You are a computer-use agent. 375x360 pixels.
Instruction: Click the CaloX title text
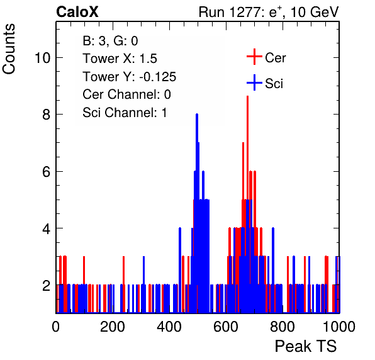coord(77,12)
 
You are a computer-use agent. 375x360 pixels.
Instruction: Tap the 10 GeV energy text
coord(315,12)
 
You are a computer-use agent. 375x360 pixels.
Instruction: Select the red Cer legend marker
coord(254,57)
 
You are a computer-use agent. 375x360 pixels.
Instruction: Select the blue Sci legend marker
coord(254,83)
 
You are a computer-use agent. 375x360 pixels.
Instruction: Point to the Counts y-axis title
coord(9,49)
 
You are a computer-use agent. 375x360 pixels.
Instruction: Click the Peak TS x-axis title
coord(306,346)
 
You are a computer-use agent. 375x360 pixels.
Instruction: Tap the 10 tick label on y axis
coord(43,58)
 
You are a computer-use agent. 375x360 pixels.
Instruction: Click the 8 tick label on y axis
coord(47,115)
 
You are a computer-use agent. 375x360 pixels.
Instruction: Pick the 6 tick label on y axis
coord(47,172)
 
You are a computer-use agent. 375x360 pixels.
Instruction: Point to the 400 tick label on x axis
coord(169,326)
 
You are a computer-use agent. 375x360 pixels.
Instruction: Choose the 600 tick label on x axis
coord(226,326)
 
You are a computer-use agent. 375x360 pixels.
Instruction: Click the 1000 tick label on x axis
coord(339,326)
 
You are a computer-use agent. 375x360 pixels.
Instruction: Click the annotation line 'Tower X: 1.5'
coord(120,59)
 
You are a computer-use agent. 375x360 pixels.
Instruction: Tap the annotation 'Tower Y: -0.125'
coord(130,77)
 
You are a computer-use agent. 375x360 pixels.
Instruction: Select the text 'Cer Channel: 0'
coord(126,94)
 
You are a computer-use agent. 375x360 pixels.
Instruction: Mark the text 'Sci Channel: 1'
coord(125,113)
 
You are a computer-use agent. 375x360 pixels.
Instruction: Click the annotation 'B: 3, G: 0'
coord(110,41)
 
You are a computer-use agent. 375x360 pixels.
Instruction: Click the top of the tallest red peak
coord(247,96)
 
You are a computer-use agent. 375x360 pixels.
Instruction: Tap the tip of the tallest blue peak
coord(197,115)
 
